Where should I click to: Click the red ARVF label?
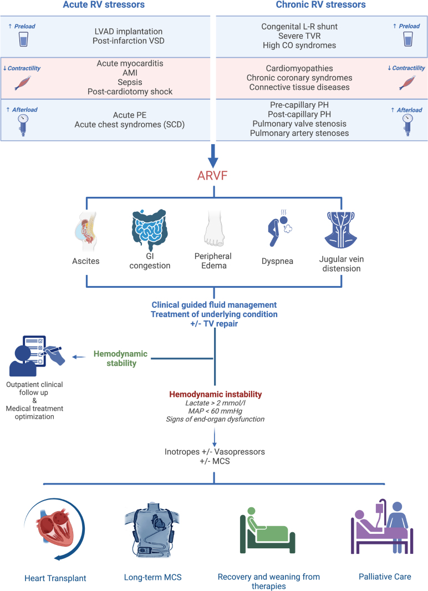pos(212,176)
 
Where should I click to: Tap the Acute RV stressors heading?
pos(104,4)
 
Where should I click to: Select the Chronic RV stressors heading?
pos(320,4)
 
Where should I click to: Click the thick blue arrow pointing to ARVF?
pos(213,156)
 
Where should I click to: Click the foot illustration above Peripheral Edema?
pos(214,228)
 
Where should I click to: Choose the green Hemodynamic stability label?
pos(120,359)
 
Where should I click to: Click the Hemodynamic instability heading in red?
pos(216,394)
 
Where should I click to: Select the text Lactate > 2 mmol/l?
pos(215,403)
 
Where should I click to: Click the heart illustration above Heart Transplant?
pos(55,529)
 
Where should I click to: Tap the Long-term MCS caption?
pos(152,577)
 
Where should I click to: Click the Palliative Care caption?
pos(385,577)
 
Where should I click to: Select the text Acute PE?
pos(130,115)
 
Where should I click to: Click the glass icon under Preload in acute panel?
pos(23,39)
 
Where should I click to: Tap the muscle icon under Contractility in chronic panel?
pos(407,83)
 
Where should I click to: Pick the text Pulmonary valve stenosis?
pos(299,124)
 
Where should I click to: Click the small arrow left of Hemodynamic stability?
pos(79,357)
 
